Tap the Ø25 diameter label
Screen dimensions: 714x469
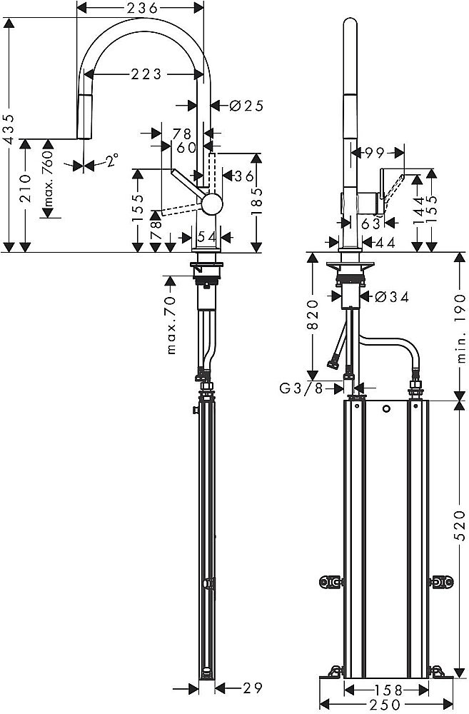(246, 106)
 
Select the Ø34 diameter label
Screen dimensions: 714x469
(389, 297)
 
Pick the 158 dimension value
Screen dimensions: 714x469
(387, 690)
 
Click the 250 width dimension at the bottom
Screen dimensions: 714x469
(387, 704)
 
